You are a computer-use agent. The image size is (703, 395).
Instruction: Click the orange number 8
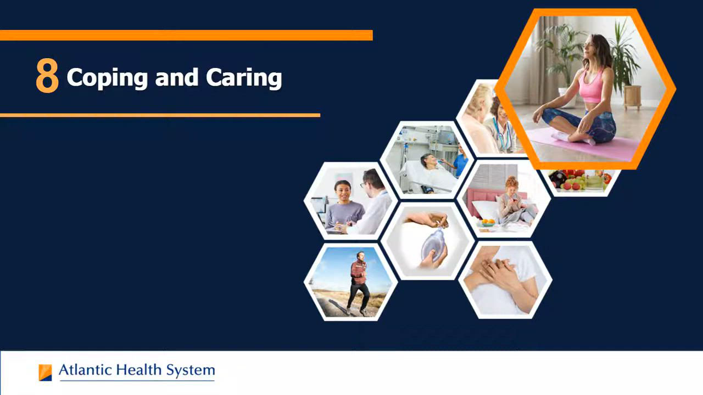coord(47,76)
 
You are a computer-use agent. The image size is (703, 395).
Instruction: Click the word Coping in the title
coord(107,78)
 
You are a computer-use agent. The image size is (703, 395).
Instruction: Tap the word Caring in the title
coord(244,78)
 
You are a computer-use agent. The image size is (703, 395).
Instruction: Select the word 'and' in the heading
coord(177,77)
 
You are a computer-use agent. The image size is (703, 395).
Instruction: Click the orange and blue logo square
coord(45,373)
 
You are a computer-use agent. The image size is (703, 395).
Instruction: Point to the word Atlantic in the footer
coord(85,370)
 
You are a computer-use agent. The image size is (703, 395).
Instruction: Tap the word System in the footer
coord(191,371)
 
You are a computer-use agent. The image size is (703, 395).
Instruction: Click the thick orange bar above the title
coord(186,35)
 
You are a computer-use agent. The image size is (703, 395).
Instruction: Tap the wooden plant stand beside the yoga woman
coord(632,97)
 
